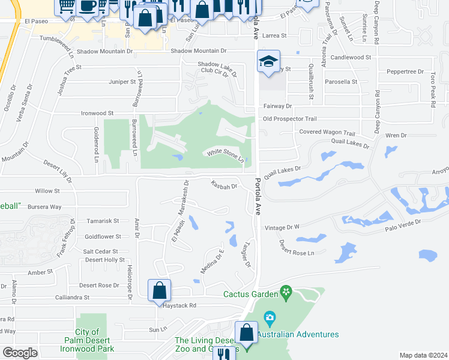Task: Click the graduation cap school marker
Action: (x=269, y=61)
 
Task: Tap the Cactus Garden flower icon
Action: (x=286, y=293)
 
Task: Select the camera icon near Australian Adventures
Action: (x=270, y=316)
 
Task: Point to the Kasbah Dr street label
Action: (x=224, y=185)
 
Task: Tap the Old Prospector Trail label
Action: (x=290, y=119)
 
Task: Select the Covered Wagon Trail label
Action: (x=327, y=133)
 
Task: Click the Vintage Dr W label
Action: (x=282, y=227)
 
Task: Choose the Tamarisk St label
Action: (x=103, y=221)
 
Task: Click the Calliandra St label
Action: (x=71, y=297)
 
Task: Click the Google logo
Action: (x=20, y=353)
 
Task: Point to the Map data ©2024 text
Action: (x=423, y=355)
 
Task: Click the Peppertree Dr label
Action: (x=405, y=71)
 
